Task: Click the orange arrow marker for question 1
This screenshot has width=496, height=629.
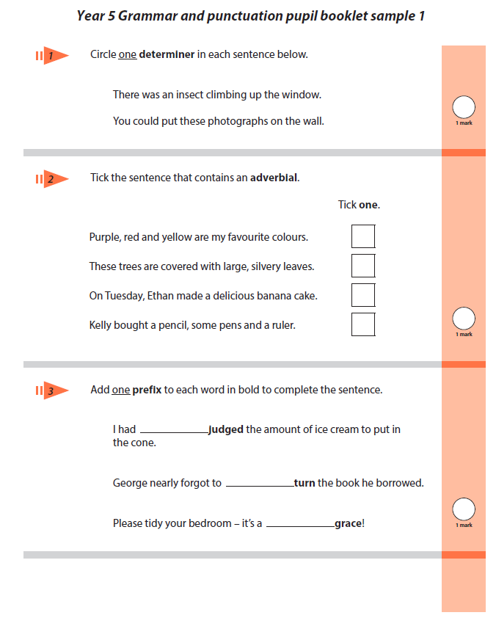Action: (x=52, y=55)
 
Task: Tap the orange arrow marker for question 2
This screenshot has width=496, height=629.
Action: (x=52, y=178)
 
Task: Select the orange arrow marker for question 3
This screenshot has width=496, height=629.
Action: (x=52, y=390)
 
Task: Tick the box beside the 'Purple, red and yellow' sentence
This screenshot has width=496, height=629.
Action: (x=362, y=236)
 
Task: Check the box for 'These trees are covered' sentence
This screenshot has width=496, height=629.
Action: (x=362, y=266)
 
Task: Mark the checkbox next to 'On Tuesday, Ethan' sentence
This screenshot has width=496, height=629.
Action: (x=362, y=295)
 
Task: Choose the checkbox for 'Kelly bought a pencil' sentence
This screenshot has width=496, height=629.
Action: (x=362, y=324)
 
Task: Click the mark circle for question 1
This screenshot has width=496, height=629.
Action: (x=464, y=107)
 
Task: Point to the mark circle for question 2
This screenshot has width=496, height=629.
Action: (x=464, y=319)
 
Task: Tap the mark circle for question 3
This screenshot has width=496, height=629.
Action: (x=464, y=509)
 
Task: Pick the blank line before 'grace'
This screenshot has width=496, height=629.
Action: (x=300, y=526)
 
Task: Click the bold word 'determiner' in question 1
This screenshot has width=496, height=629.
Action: (x=167, y=54)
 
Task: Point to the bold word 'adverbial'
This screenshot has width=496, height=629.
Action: (x=274, y=178)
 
